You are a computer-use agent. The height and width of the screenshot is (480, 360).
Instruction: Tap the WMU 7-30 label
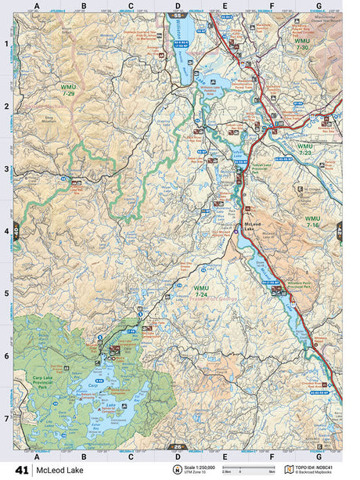pyautogui.click(x=302, y=44)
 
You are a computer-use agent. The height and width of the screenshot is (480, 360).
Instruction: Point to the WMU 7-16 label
pyautogui.click(x=312, y=222)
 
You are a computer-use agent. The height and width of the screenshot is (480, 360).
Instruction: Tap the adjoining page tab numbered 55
pyautogui.click(x=179, y=15)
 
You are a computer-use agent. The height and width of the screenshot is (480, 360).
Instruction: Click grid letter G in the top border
pyautogui.click(x=318, y=6)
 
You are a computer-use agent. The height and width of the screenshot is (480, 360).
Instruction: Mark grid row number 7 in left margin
pyautogui.click(x=6, y=418)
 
